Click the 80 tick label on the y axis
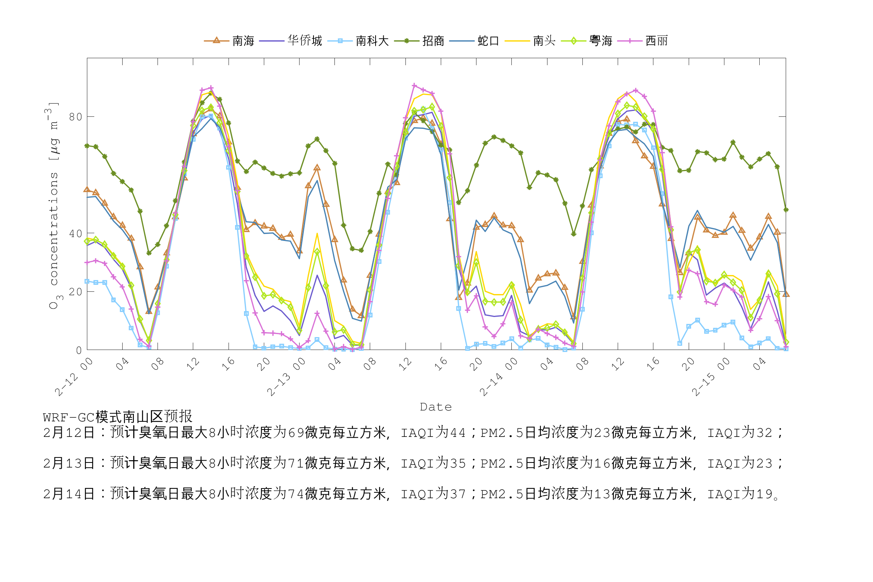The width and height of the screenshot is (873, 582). [76, 117]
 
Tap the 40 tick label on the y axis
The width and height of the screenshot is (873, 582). [76, 234]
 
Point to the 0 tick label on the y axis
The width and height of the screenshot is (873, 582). [79, 350]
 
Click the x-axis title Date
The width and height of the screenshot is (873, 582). [436, 407]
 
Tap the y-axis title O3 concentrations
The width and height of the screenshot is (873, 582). [54, 206]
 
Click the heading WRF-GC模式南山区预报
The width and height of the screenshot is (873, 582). [118, 417]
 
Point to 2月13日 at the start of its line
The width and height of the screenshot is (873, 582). [69, 463]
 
